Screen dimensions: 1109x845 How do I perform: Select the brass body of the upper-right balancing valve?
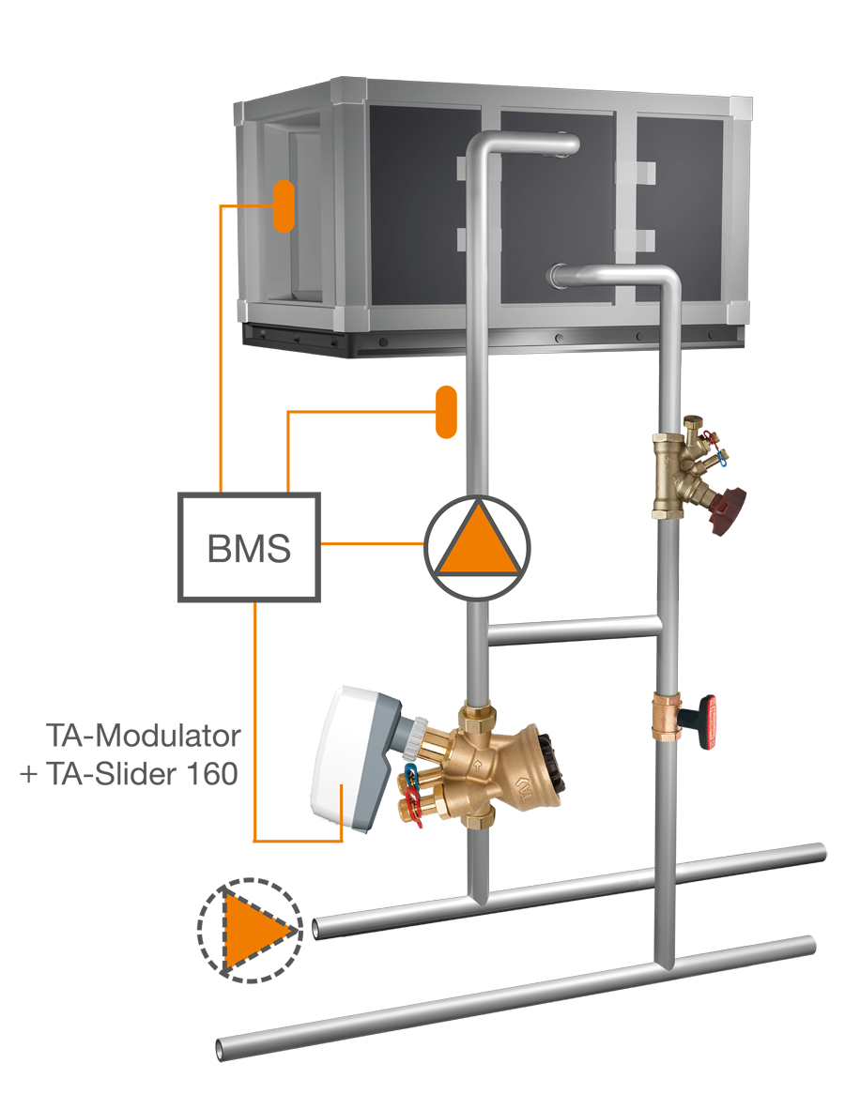[x=674, y=474]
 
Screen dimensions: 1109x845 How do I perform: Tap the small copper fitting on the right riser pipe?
[x=668, y=719]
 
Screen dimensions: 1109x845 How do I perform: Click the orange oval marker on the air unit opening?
[x=284, y=205]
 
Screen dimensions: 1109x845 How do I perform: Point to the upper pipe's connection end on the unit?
[x=568, y=144]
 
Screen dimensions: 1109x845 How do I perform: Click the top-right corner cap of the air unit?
[x=738, y=109]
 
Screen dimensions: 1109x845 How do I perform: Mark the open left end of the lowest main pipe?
[x=226, y=1046]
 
